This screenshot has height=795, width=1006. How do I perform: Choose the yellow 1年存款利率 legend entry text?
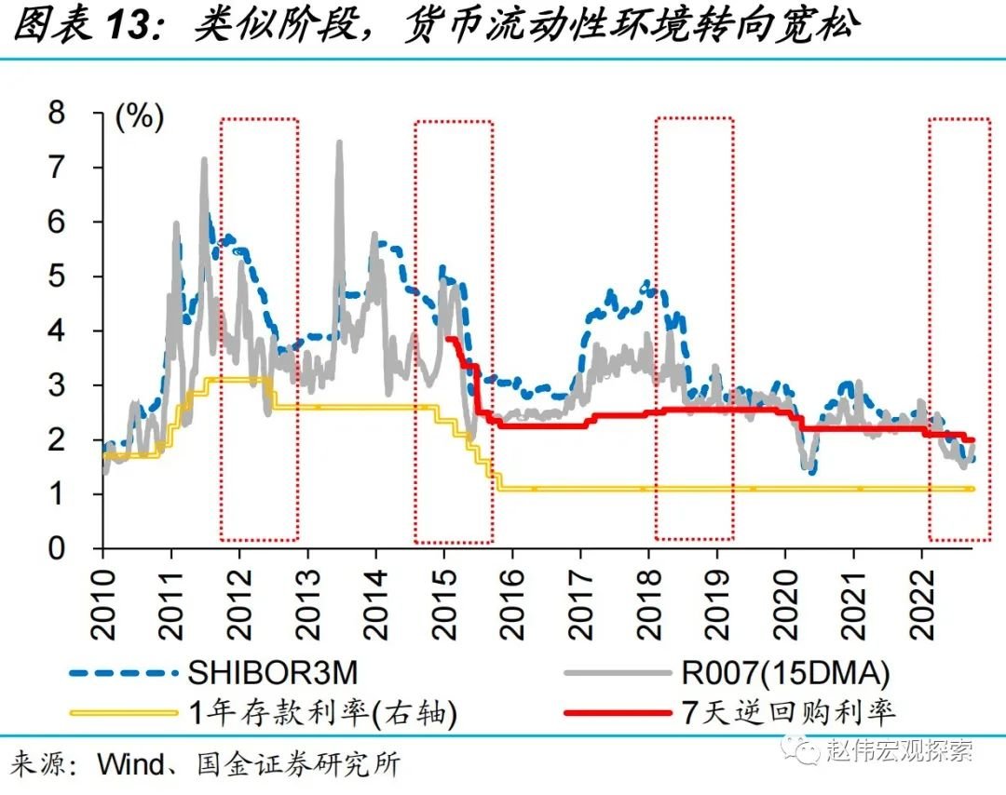pyautogui.click(x=321, y=713)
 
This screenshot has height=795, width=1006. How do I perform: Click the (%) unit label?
pyautogui.click(x=139, y=116)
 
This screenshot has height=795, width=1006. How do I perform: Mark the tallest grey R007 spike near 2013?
pyautogui.click(x=339, y=143)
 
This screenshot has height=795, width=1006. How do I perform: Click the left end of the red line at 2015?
pyautogui.click(x=448, y=339)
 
